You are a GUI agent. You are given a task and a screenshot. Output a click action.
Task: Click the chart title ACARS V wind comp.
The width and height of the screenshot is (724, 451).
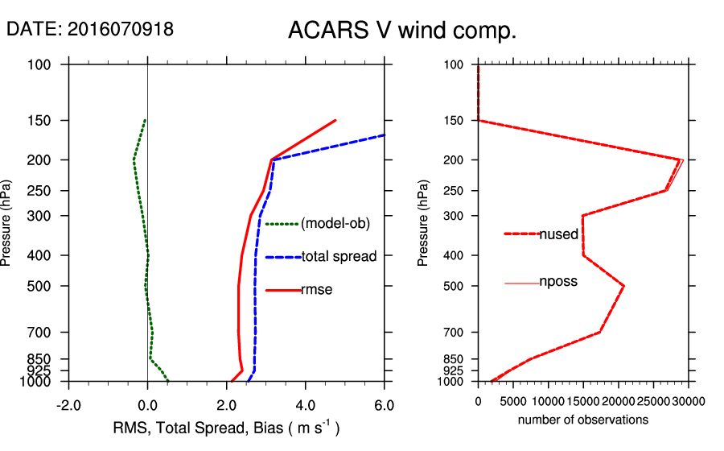pos(401,31)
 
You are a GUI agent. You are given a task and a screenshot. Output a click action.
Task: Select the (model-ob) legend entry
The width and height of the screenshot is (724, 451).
pos(335,224)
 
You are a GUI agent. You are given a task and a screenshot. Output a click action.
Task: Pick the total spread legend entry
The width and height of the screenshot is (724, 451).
pos(339,257)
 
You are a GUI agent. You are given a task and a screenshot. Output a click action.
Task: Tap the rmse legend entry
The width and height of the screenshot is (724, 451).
pos(316,289)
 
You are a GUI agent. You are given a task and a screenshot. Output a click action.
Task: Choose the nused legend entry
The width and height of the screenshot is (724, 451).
pos(558,234)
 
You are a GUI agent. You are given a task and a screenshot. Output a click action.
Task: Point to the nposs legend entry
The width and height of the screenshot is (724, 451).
pos(558,282)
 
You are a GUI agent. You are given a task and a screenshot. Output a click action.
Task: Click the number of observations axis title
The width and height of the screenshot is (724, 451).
pos(583,420)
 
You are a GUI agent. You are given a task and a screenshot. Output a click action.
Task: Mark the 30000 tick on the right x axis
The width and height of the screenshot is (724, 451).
pos(689,401)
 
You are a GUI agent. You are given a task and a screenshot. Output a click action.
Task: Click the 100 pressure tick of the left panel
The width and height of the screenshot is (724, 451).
pos(44,64)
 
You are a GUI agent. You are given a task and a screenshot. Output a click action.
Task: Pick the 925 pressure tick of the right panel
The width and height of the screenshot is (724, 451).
pos(453,370)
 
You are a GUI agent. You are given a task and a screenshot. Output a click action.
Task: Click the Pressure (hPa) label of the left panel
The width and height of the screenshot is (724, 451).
pos(7,223)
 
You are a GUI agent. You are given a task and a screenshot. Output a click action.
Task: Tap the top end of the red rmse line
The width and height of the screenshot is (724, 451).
pos(335,120)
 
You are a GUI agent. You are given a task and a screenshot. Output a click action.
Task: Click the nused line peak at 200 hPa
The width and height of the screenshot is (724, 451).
pos(681,159)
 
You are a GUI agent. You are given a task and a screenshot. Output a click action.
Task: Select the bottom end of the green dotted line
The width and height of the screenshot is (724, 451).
pos(167,380)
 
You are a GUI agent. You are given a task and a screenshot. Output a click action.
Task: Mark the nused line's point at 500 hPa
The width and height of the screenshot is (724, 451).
pos(623,286)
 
